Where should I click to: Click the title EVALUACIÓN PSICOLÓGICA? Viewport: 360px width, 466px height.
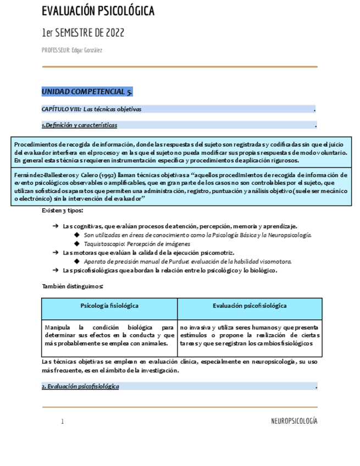tap(98, 12)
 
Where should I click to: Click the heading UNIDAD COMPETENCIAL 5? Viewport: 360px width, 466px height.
tap(87, 92)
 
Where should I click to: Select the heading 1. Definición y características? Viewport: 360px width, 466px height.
tap(80, 125)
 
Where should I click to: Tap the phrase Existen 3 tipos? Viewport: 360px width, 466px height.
tap(63, 210)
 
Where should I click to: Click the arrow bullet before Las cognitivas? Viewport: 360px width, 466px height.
tap(56, 226)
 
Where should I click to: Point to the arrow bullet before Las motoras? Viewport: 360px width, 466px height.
tap(56, 252)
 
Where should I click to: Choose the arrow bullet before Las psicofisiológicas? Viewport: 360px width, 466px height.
tap(56, 270)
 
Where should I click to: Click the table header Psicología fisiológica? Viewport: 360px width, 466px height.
tap(109, 306)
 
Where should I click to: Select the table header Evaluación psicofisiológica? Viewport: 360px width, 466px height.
tap(250, 306)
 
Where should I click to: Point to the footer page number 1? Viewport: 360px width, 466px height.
tap(63, 421)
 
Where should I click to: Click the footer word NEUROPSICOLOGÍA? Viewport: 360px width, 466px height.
tap(294, 421)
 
